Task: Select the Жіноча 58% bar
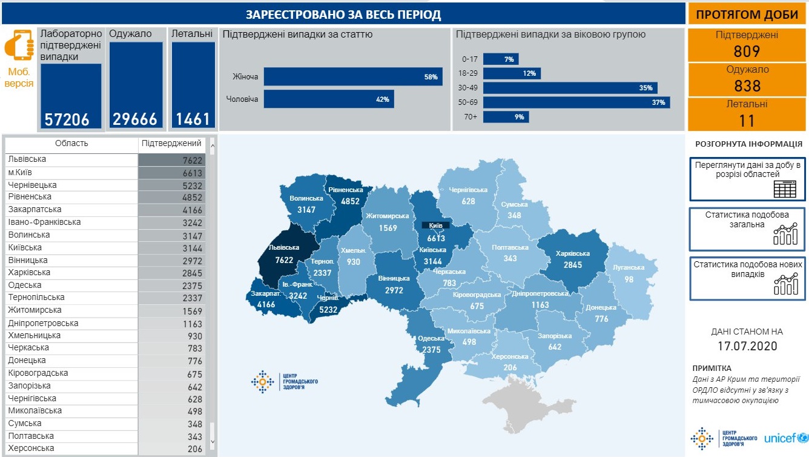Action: (353, 76)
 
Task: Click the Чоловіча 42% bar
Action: (329, 99)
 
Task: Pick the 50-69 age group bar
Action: (576, 102)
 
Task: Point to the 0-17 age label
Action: (471, 59)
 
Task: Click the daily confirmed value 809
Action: (747, 52)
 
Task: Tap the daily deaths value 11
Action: (747, 121)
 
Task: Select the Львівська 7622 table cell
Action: (171, 160)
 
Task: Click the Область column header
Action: (71, 144)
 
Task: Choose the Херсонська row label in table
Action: (31, 449)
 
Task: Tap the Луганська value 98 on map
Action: (629, 279)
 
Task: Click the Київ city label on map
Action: (435, 225)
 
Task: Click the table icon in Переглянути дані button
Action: (784, 189)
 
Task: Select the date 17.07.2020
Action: (747, 347)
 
